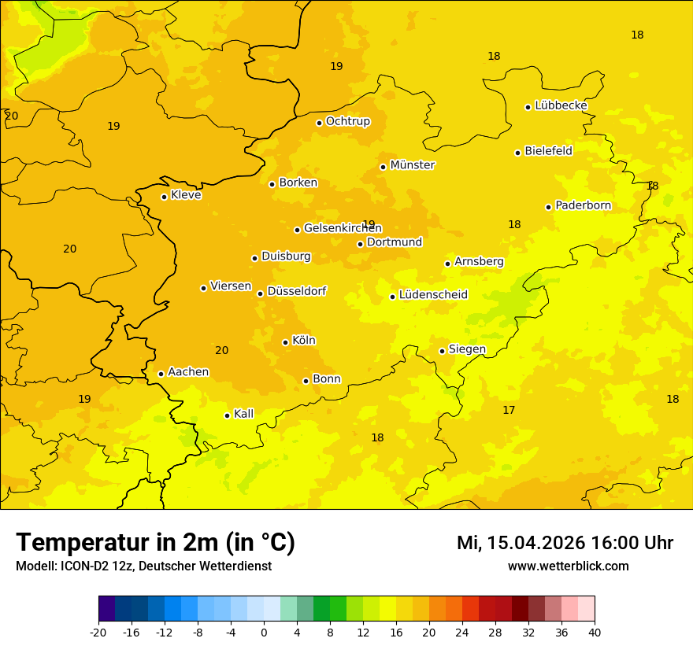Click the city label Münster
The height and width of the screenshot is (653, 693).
tap(413, 165)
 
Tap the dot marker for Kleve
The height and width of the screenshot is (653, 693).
tap(164, 197)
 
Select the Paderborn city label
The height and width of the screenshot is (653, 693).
tap(583, 205)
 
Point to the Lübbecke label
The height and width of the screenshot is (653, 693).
tap(561, 105)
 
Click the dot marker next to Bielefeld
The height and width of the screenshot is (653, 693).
tap(517, 153)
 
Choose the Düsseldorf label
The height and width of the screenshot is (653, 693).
tap(296, 291)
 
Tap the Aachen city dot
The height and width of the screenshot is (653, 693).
tap(161, 374)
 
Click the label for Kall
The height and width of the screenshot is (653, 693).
tap(244, 414)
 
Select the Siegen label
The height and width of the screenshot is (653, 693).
tap(467, 349)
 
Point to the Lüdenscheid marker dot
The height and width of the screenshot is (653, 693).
tap(392, 297)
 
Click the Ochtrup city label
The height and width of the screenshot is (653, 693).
tap(347, 121)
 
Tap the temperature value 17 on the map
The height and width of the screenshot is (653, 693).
tap(509, 410)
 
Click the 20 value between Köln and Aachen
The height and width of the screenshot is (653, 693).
tap(222, 350)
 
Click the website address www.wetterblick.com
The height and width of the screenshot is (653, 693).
tap(568, 566)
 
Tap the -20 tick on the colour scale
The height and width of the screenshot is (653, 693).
tap(98, 632)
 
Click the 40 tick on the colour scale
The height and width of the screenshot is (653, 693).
tap(595, 632)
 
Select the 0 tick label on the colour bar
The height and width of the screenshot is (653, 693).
tap(264, 632)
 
